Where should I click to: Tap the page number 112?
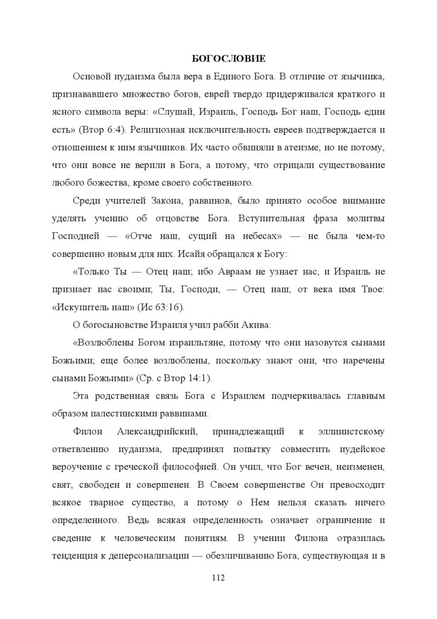pyautogui.click(x=218, y=578)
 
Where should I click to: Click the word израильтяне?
pyautogui.click(x=188, y=343)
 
